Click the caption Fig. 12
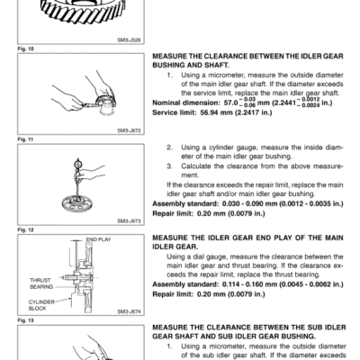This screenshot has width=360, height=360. click(11, 229)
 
